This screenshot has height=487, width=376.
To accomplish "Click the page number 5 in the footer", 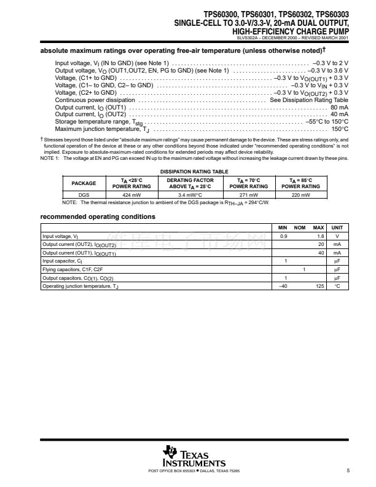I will click(x=348, y=471).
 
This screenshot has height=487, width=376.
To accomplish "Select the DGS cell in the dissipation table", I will click(x=84, y=194).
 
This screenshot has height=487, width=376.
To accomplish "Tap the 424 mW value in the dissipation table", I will click(x=131, y=194).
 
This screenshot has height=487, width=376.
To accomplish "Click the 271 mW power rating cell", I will click(x=248, y=194).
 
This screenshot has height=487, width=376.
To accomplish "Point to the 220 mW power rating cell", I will click(x=300, y=194).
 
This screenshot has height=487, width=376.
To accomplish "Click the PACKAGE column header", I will click(x=84, y=183).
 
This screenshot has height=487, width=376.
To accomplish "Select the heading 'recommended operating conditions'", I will click(x=98, y=216).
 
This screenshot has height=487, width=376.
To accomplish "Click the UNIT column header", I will click(x=337, y=228).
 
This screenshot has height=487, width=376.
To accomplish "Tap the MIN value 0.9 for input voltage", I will click(x=283, y=236).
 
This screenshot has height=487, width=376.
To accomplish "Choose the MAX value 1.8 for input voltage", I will click(x=319, y=236).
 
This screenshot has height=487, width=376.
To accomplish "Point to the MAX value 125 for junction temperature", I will click(x=319, y=286).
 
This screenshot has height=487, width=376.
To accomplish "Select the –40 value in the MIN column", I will click(x=283, y=286).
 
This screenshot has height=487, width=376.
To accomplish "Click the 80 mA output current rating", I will click(x=339, y=107).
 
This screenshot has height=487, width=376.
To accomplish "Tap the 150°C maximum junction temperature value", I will click(x=340, y=129).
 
